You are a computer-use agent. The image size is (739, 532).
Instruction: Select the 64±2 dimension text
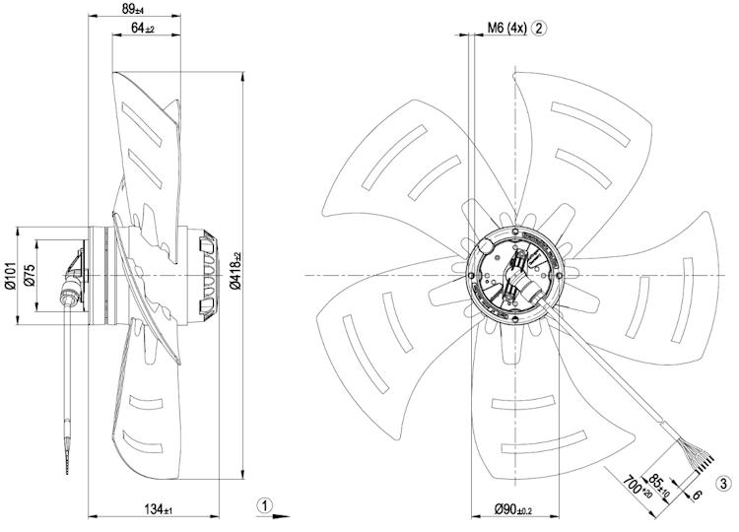[x=143, y=28]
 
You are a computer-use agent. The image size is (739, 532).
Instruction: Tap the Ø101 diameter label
[x=12, y=276]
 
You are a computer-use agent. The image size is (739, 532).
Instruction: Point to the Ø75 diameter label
[x=30, y=275]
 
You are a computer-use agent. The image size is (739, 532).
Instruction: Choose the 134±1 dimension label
[x=160, y=509]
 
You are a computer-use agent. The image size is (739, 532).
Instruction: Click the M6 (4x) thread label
[x=506, y=28]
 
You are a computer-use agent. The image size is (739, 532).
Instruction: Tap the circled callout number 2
[x=539, y=28]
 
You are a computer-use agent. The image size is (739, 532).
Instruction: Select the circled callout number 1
[x=265, y=505]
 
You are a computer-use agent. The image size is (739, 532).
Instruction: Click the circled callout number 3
[x=724, y=484]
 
